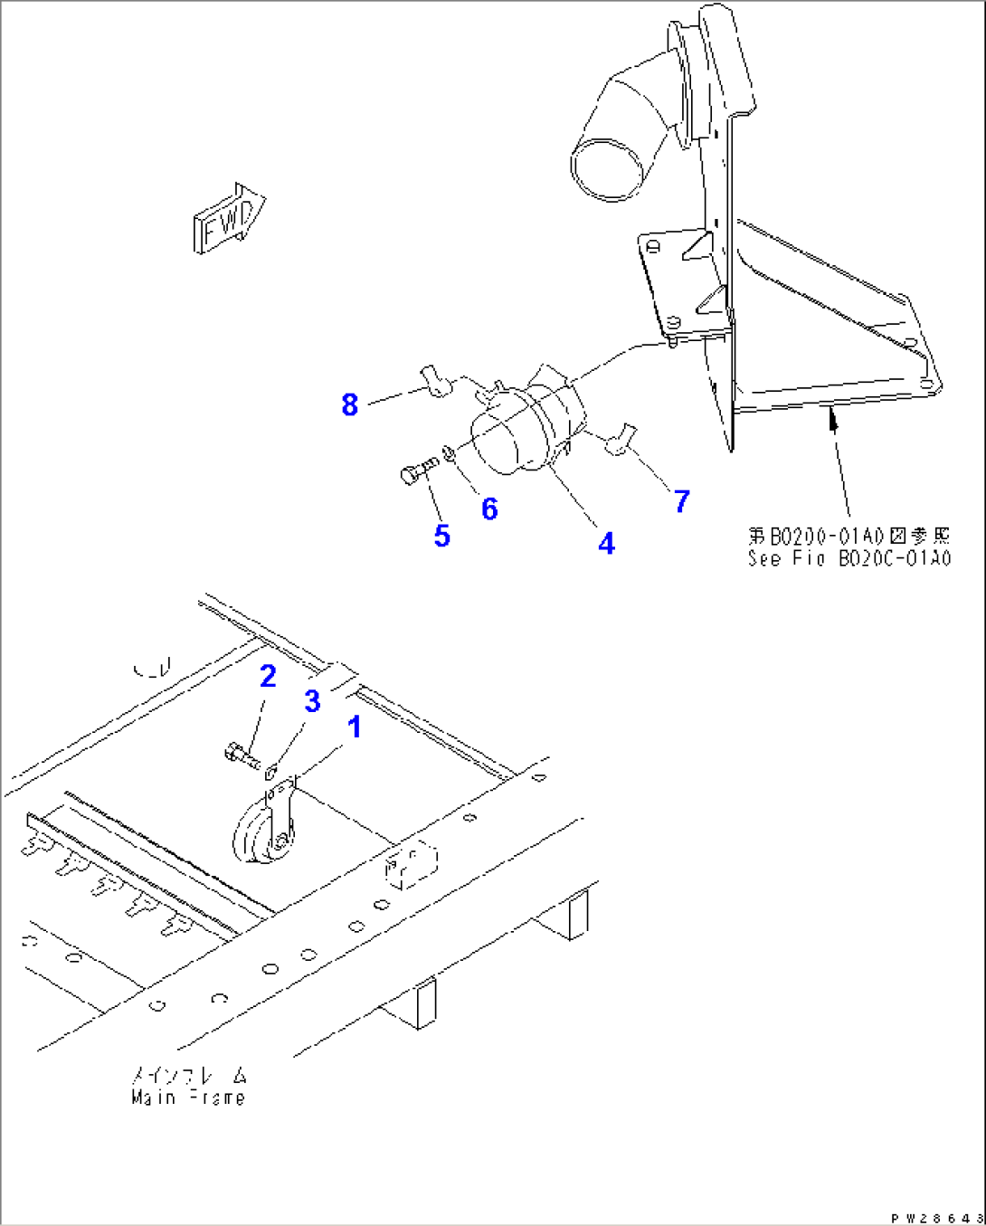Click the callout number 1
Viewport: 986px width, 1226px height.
click(x=355, y=727)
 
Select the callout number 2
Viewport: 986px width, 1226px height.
click(x=268, y=676)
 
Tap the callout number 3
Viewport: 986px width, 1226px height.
click(x=312, y=701)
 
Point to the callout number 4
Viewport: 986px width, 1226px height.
click(x=606, y=543)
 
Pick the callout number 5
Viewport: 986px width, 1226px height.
click(x=441, y=535)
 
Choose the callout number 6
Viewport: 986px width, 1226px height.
click(x=489, y=508)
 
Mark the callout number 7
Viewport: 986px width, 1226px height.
click(x=682, y=500)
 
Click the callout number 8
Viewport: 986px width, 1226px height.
click(x=350, y=404)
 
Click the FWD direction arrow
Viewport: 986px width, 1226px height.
click(x=228, y=220)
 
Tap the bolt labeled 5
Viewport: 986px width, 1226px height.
click(x=417, y=470)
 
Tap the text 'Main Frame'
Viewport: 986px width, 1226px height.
click(x=188, y=1098)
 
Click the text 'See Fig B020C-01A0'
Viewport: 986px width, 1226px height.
click(x=849, y=558)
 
